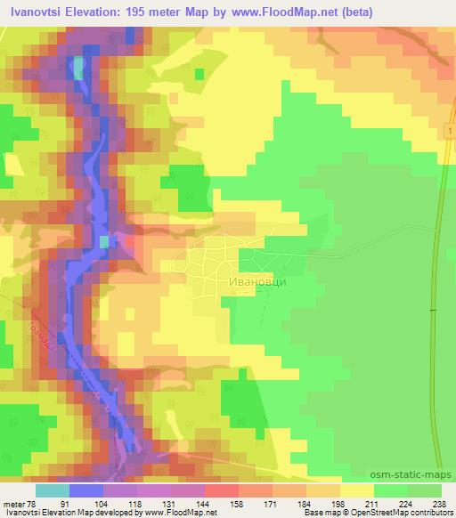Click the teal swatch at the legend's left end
pos(53,490)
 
